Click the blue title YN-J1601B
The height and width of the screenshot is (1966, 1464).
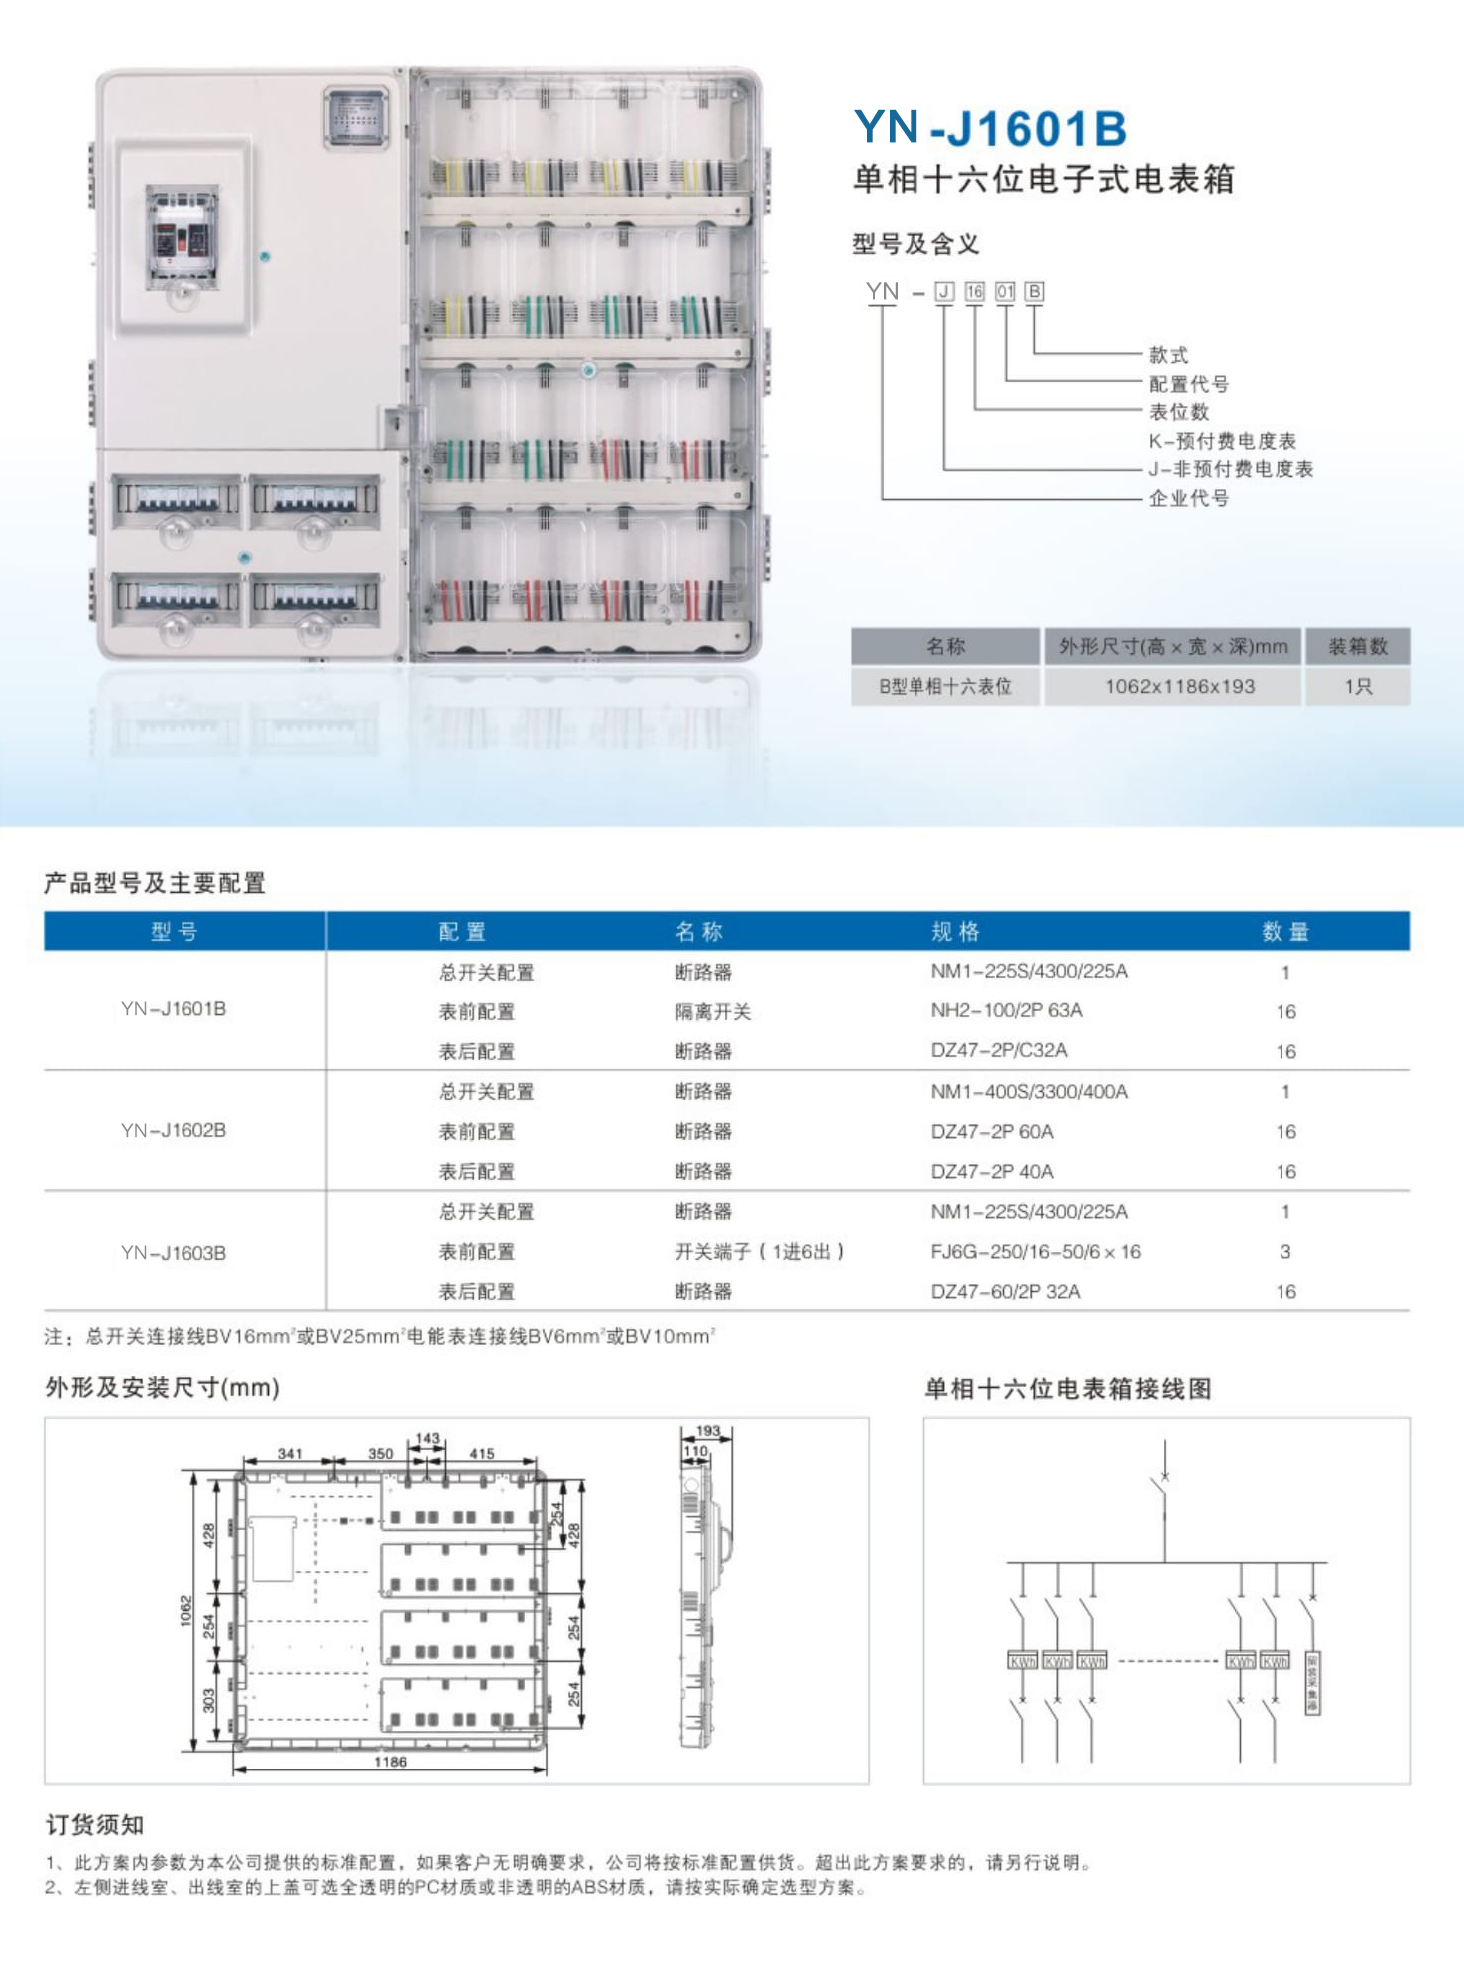(x=989, y=129)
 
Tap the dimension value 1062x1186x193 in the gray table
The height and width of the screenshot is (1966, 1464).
(x=1179, y=687)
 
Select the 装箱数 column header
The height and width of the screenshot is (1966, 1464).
(x=1357, y=647)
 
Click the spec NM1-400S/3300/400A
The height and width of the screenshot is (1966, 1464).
(x=1028, y=1092)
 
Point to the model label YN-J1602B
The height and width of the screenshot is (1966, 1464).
(x=174, y=1131)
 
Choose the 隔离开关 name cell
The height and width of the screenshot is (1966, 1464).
(x=712, y=1012)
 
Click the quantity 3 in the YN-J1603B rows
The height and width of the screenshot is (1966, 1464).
(x=1284, y=1252)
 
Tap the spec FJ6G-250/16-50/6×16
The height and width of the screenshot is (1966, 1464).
(x=1035, y=1252)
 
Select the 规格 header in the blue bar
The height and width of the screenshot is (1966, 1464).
(x=955, y=932)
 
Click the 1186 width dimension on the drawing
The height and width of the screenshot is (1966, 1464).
(x=390, y=1762)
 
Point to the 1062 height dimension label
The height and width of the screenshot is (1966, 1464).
(x=185, y=1610)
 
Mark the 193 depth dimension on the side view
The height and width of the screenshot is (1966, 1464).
(x=708, y=1430)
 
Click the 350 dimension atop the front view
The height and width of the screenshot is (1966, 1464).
(x=380, y=1453)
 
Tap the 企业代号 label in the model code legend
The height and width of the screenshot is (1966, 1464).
(x=1188, y=498)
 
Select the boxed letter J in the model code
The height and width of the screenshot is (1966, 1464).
(x=944, y=292)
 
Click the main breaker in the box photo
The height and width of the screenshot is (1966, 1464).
(x=183, y=236)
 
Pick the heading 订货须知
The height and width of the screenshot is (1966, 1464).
(x=95, y=1825)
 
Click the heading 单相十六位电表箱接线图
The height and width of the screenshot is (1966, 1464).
(x=1067, y=1389)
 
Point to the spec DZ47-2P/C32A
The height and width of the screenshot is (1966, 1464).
(x=998, y=1051)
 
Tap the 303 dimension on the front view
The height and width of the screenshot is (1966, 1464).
(x=208, y=1700)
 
